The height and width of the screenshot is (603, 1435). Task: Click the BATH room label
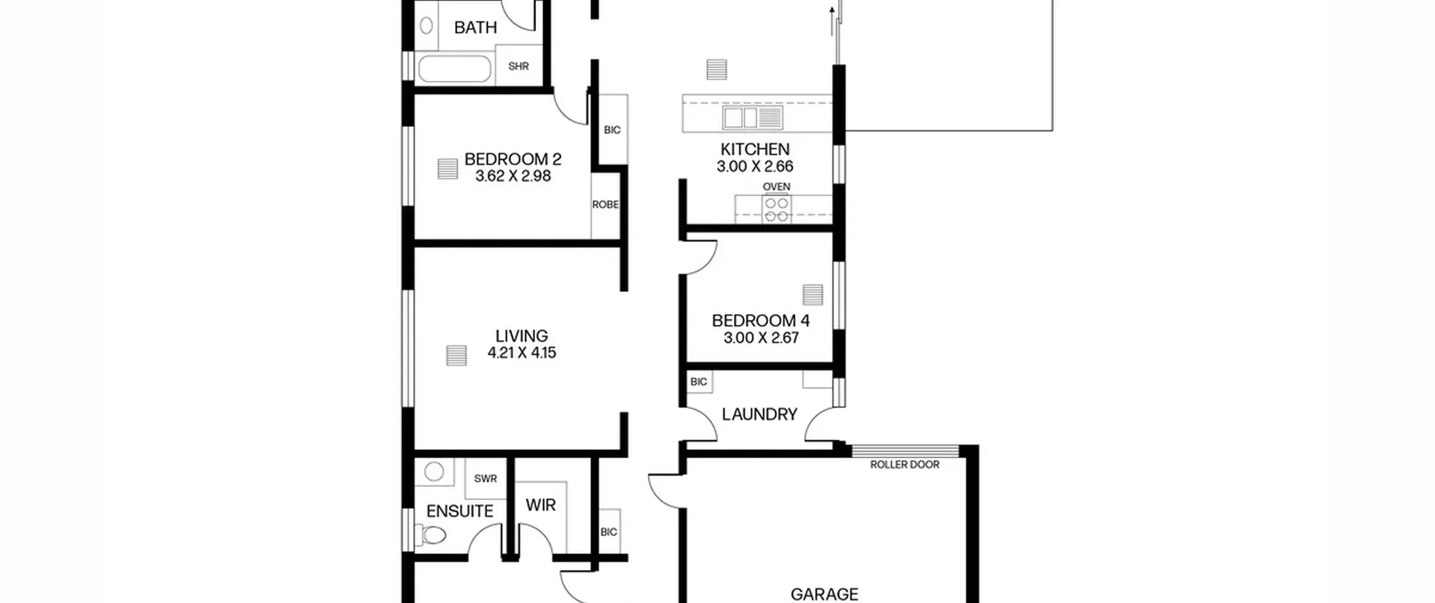click(x=475, y=27)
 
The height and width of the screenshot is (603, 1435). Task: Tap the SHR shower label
click(x=519, y=66)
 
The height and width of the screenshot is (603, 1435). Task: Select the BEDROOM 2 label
click(x=513, y=159)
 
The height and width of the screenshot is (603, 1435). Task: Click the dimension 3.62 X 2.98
click(x=513, y=176)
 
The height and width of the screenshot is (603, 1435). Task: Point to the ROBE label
click(x=605, y=205)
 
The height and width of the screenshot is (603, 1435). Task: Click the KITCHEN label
click(x=755, y=149)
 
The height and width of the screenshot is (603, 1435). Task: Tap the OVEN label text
click(x=776, y=187)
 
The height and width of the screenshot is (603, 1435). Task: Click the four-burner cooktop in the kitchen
click(x=776, y=209)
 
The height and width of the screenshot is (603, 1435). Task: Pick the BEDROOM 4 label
click(x=761, y=321)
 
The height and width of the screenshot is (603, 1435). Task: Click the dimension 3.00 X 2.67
click(x=761, y=338)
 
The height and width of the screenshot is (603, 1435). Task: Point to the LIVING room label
click(x=521, y=336)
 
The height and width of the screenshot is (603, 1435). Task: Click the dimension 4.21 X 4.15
click(x=521, y=353)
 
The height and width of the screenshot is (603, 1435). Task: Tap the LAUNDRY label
click(x=760, y=415)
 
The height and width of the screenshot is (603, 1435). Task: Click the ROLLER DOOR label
click(x=905, y=464)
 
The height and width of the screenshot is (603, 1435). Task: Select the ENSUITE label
click(x=460, y=511)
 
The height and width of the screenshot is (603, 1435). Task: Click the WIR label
click(x=541, y=505)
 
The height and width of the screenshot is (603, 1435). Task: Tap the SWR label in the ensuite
click(x=485, y=478)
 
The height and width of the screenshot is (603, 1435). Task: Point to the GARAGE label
click(x=824, y=594)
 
